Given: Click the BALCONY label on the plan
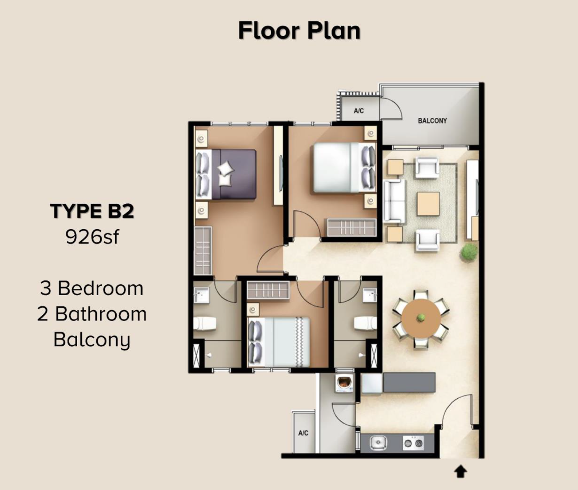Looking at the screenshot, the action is pyautogui.click(x=432, y=121).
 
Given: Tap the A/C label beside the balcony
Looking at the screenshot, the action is pyautogui.click(x=359, y=111).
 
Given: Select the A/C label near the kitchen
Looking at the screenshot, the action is pyautogui.click(x=303, y=433).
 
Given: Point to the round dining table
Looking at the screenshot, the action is pyautogui.click(x=421, y=319).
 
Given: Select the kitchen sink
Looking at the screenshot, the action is pyautogui.click(x=378, y=443).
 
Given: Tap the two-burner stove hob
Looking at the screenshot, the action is pyautogui.click(x=413, y=443).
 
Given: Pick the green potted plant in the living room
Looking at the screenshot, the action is pyautogui.click(x=469, y=253).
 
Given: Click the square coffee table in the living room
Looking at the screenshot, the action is pyautogui.click(x=428, y=204).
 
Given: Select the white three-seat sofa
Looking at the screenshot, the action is pyautogui.click(x=394, y=201).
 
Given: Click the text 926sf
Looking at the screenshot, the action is pyautogui.click(x=92, y=237).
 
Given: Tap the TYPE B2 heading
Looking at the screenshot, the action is pyautogui.click(x=92, y=211).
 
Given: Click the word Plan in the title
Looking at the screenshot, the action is pyautogui.click(x=334, y=31).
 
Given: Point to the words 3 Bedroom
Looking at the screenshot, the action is pyautogui.click(x=92, y=288).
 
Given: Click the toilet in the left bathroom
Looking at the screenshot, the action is pyautogui.click(x=205, y=324).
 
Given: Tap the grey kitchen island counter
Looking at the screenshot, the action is pyautogui.click(x=409, y=383).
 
